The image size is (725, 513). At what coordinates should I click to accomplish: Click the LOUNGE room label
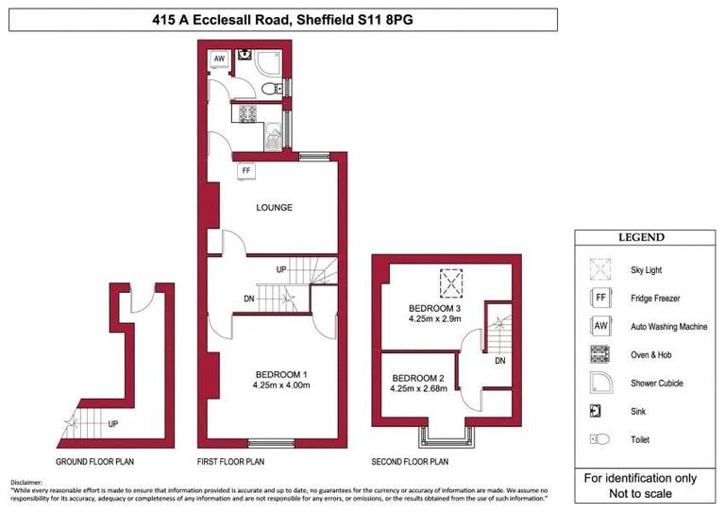coord(274,208)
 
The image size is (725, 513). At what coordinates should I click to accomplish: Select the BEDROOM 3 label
coord(435,309)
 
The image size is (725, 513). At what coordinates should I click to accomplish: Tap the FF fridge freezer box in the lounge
coord(247,171)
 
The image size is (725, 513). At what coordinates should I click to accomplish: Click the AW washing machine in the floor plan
coord(219,59)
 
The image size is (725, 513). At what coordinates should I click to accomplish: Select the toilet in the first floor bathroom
coord(271,88)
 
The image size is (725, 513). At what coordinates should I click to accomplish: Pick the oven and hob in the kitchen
coord(248,113)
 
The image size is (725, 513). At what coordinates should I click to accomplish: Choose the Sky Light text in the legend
coord(648,270)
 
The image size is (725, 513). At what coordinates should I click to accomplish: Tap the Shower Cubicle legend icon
coord(599,383)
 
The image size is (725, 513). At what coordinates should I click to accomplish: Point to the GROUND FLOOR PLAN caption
coord(94,462)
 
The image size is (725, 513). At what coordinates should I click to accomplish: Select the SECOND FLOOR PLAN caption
coord(409,462)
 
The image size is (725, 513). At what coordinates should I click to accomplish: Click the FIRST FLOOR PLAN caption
coord(230,462)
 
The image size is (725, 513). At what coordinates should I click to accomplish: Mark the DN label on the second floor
coord(499,360)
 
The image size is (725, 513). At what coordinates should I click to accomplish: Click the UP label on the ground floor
coord(112,422)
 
